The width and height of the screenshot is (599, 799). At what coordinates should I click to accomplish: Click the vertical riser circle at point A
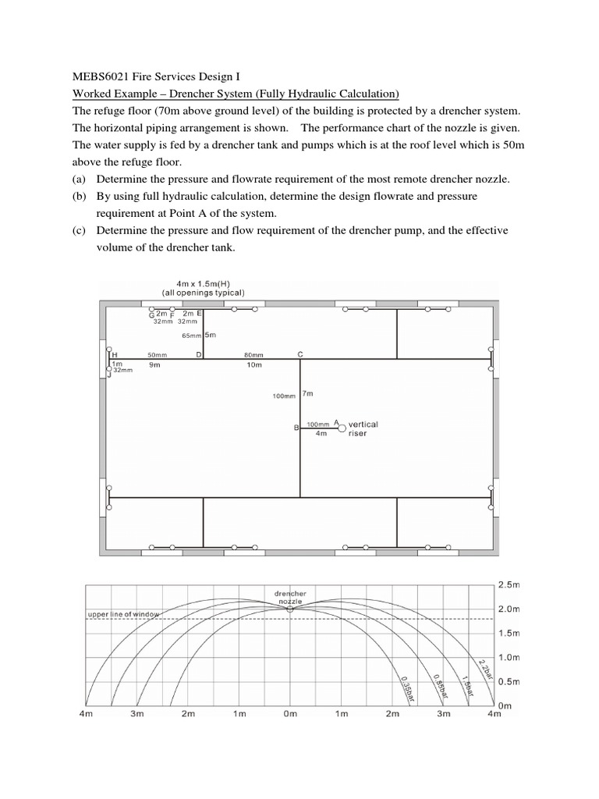pyautogui.click(x=342, y=427)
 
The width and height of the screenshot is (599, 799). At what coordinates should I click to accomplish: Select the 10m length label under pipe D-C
pyautogui.click(x=253, y=364)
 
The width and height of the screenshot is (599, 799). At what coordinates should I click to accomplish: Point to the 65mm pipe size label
pyautogui.click(x=191, y=336)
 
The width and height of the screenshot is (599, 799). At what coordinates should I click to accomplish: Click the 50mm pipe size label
pyautogui.click(x=158, y=354)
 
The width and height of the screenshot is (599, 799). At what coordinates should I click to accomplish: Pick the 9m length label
pyautogui.click(x=154, y=364)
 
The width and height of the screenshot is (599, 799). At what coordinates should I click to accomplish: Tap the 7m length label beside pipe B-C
pyautogui.click(x=307, y=395)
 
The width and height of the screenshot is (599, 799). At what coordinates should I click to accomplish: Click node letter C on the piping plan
pyautogui.click(x=300, y=353)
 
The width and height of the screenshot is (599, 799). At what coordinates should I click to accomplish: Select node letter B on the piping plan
pyautogui.click(x=296, y=428)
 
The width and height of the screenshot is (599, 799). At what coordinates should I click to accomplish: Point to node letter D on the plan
pyautogui.click(x=199, y=354)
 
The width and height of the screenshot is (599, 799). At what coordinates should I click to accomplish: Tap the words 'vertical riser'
pyautogui.click(x=363, y=428)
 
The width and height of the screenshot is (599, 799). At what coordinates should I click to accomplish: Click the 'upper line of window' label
pyautogui.click(x=122, y=614)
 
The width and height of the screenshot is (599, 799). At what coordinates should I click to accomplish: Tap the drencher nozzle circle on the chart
pyautogui.click(x=290, y=609)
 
